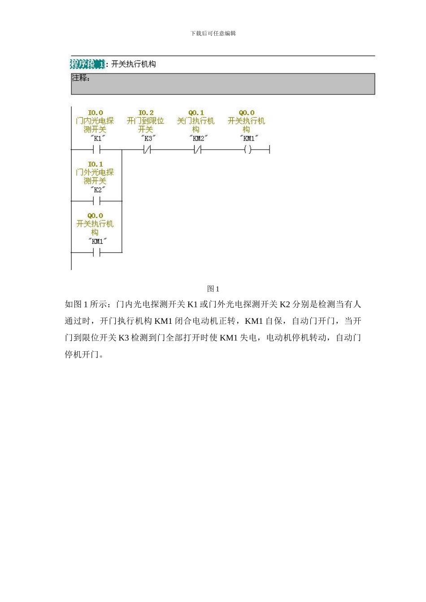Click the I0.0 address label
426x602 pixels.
tap(95, 113)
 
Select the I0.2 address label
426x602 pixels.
tap(146, 113)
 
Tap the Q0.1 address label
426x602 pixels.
tap(196, 113)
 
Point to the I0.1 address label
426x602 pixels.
tap(95, 164)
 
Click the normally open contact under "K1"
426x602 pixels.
tap(97, 150)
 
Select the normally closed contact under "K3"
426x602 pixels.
tap(147, 150)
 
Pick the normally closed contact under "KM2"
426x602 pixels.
tap(198, 150)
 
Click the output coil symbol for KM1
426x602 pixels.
tap(248, 150)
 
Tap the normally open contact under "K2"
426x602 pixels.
tap(97, 201)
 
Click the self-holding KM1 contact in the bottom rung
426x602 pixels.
tap(97, 253)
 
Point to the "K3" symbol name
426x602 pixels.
tap(148, 138)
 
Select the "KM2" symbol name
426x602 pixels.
tap(198, 138)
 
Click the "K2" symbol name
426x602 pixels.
tap(98, 190)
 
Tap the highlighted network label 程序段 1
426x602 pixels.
tap(87, 64)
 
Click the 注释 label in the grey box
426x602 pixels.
tap(81, 78)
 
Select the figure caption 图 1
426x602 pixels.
tap(213, 289)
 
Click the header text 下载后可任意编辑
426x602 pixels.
tap(213, 34)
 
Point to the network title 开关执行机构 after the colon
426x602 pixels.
tap(134, 64)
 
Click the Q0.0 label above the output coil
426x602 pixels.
tap(246, 113)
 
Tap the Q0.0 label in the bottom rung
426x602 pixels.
tap(95, 216)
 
